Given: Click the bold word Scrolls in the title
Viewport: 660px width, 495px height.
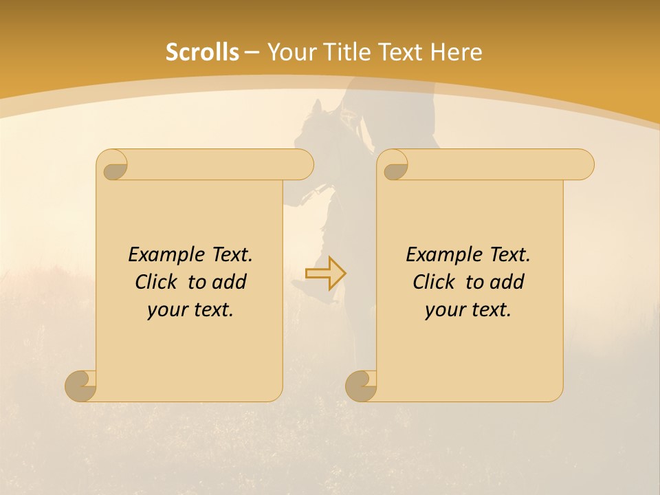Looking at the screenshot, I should pos(202,52).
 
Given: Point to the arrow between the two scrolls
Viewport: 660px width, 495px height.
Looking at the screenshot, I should pos(325,274).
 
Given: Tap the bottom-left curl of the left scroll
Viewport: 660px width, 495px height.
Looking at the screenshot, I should pos(80,385).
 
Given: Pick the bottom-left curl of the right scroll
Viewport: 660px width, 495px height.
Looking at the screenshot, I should pos(361,385).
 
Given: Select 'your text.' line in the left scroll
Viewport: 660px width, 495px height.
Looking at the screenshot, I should pos(190,309).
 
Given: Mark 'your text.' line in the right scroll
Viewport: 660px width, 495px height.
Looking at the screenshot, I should pos(468,309).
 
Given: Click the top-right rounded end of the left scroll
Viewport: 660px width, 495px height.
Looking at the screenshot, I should pos(302,165).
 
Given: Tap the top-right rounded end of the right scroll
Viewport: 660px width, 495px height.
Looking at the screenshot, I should pos(583,165).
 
